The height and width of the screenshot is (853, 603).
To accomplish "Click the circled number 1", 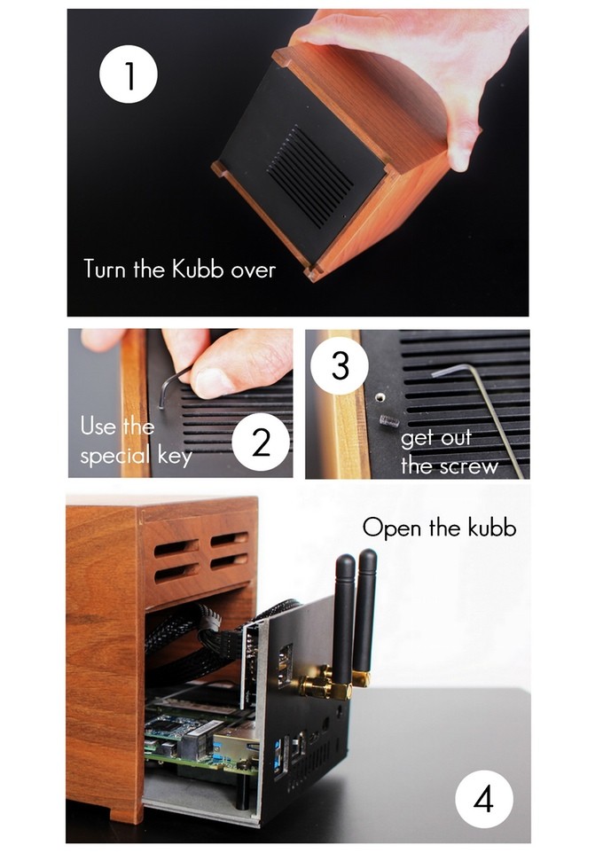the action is tap(129, 74).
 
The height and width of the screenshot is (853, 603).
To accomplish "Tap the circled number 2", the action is tap(261, 442).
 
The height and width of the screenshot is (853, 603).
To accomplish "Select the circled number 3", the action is tap(340, 365).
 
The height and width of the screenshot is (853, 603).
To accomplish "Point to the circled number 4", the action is tap(484, 799).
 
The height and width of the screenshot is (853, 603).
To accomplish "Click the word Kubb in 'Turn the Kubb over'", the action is tap(198, 269).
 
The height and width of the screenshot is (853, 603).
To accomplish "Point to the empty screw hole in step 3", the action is tap(381, 397).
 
